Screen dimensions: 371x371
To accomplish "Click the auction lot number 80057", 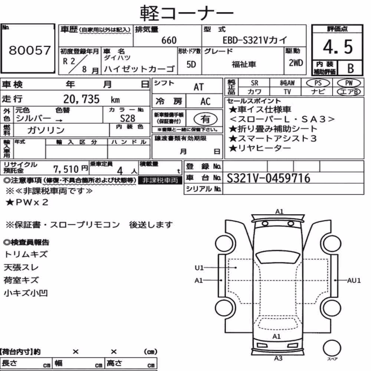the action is [30, 50].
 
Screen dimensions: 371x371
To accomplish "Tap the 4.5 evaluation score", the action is [338, 47].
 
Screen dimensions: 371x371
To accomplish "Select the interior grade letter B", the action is [351, 69].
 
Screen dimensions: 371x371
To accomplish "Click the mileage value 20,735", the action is [81, 99].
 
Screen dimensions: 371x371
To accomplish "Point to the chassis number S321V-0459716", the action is [268, 178].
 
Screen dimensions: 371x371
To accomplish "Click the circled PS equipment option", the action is [318, 83].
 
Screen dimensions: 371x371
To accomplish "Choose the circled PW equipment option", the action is [349, 83].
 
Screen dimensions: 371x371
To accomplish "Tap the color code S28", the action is [128, 118].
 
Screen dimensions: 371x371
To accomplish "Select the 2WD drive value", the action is [296, 63].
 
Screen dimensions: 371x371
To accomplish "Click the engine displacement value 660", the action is [169, 40].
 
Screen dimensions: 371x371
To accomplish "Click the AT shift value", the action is [199, 87].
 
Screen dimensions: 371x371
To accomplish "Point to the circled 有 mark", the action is [206, 119].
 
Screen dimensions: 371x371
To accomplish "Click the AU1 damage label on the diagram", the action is [354, 280].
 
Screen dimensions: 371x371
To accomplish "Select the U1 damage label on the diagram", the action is [199, 267].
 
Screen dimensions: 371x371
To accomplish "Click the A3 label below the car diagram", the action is [278, 358].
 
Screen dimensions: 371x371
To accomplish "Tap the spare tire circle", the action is [332, 348].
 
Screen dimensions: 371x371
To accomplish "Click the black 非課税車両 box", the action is [160, 181].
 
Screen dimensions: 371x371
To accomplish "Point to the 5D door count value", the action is [191, 64].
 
